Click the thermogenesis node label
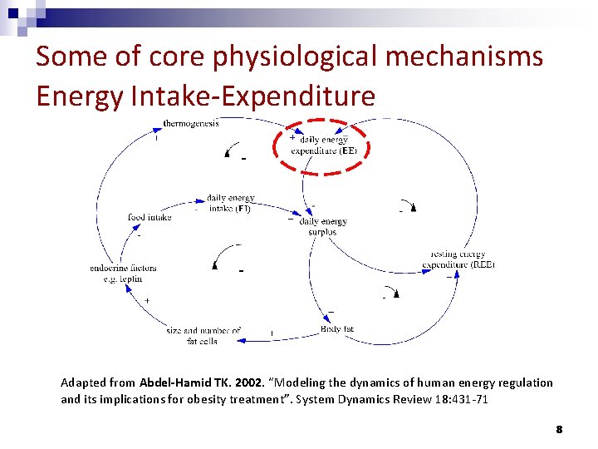coord(191,124)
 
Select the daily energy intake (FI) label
coord(230,203)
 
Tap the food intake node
coord(149,217)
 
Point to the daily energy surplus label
coord(322,227)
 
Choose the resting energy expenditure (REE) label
coord(458,259)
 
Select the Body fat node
coord(337,329)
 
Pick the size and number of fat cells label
coord(203,335)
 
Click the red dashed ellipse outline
coord(275,146)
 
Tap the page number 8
coord(559,430)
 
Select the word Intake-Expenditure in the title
coord(253,96)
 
